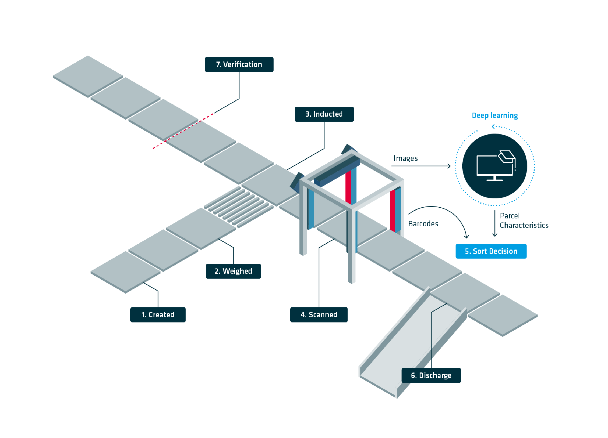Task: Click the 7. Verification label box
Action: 239,64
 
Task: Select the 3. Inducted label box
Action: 324,114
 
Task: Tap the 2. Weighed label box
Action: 233,271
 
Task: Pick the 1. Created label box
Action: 158,314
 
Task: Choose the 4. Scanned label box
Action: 319,314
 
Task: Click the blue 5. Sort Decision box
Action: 491,251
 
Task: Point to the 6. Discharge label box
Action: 431,375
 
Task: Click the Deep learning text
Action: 495,115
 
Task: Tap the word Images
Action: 405,158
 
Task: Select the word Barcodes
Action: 423,224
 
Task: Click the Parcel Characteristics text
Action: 524,220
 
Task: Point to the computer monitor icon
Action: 495,166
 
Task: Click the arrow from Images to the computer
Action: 421,166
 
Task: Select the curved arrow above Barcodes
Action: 444,212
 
